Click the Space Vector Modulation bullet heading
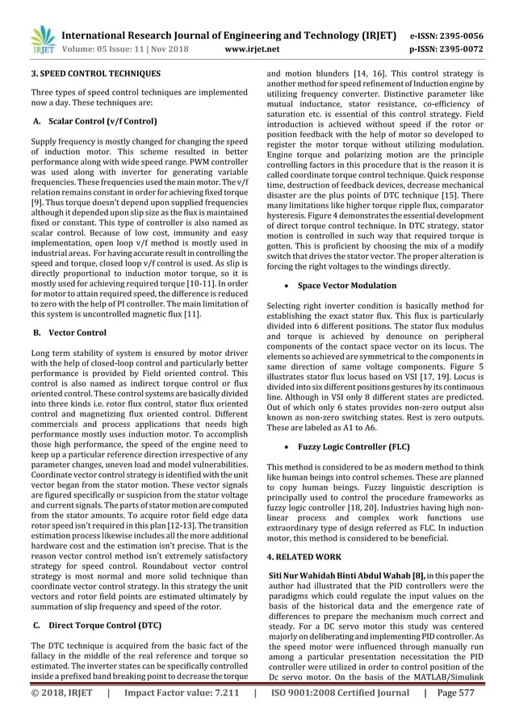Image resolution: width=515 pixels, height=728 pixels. pos(346,286)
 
